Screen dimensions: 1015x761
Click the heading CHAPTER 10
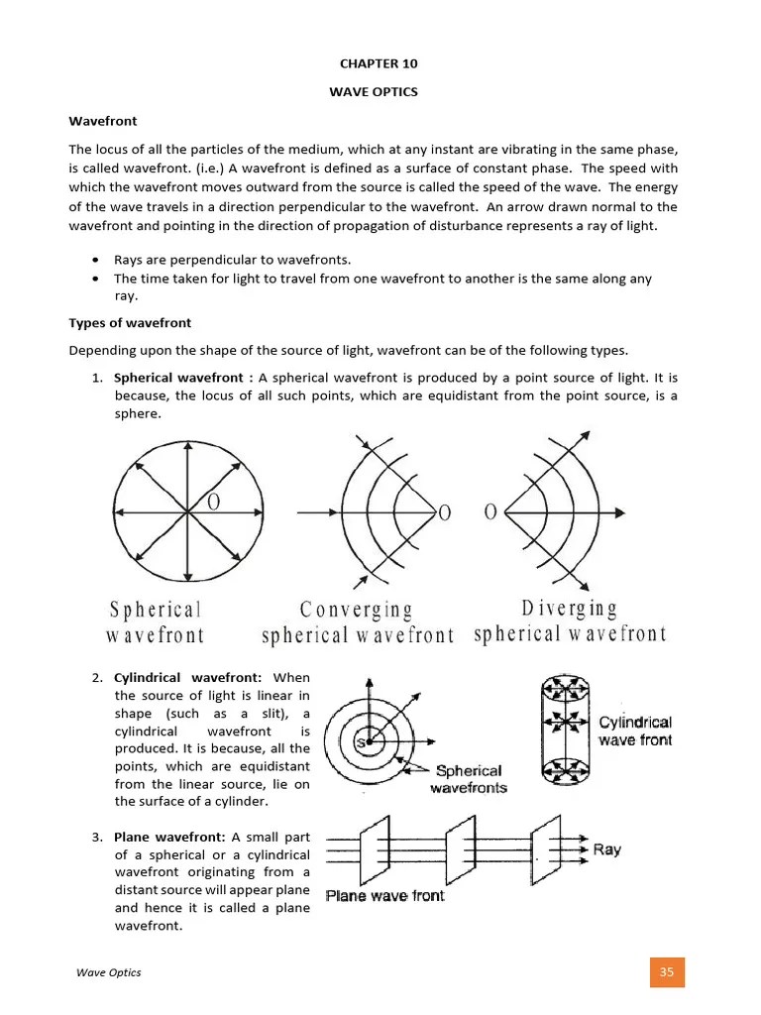380,63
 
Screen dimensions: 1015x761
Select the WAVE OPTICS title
380,92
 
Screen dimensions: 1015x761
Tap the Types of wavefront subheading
130,323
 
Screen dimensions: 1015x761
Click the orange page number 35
666,972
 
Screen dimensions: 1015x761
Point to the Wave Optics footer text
109,972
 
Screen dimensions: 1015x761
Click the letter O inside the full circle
212,503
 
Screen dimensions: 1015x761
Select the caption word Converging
356,609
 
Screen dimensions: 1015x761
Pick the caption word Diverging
569,608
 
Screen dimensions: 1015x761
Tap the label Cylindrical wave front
635,732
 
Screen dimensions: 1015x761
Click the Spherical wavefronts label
468,779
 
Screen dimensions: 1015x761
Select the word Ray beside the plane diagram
606,849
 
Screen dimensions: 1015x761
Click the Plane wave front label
385,895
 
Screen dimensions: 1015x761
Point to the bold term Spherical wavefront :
183,378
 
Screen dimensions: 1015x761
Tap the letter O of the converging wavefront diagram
444,512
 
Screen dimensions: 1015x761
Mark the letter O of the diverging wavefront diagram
489,512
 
